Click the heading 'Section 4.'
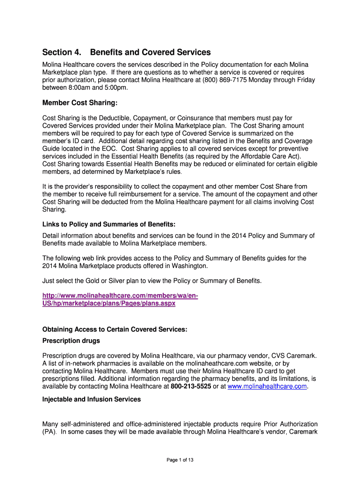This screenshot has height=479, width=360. click(x=61, y=52)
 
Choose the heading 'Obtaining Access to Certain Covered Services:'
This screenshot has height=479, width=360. click(x=115, y=329)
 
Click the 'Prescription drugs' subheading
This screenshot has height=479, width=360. click(x=71, y=341)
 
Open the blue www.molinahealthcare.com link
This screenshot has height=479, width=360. click(x=267, y=386)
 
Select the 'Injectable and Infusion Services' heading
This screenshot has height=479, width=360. click(x=92, y=399)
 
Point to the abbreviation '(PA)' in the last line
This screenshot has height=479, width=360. click(x=50, y=432)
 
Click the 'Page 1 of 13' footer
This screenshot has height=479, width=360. click(x=180, y=460)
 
